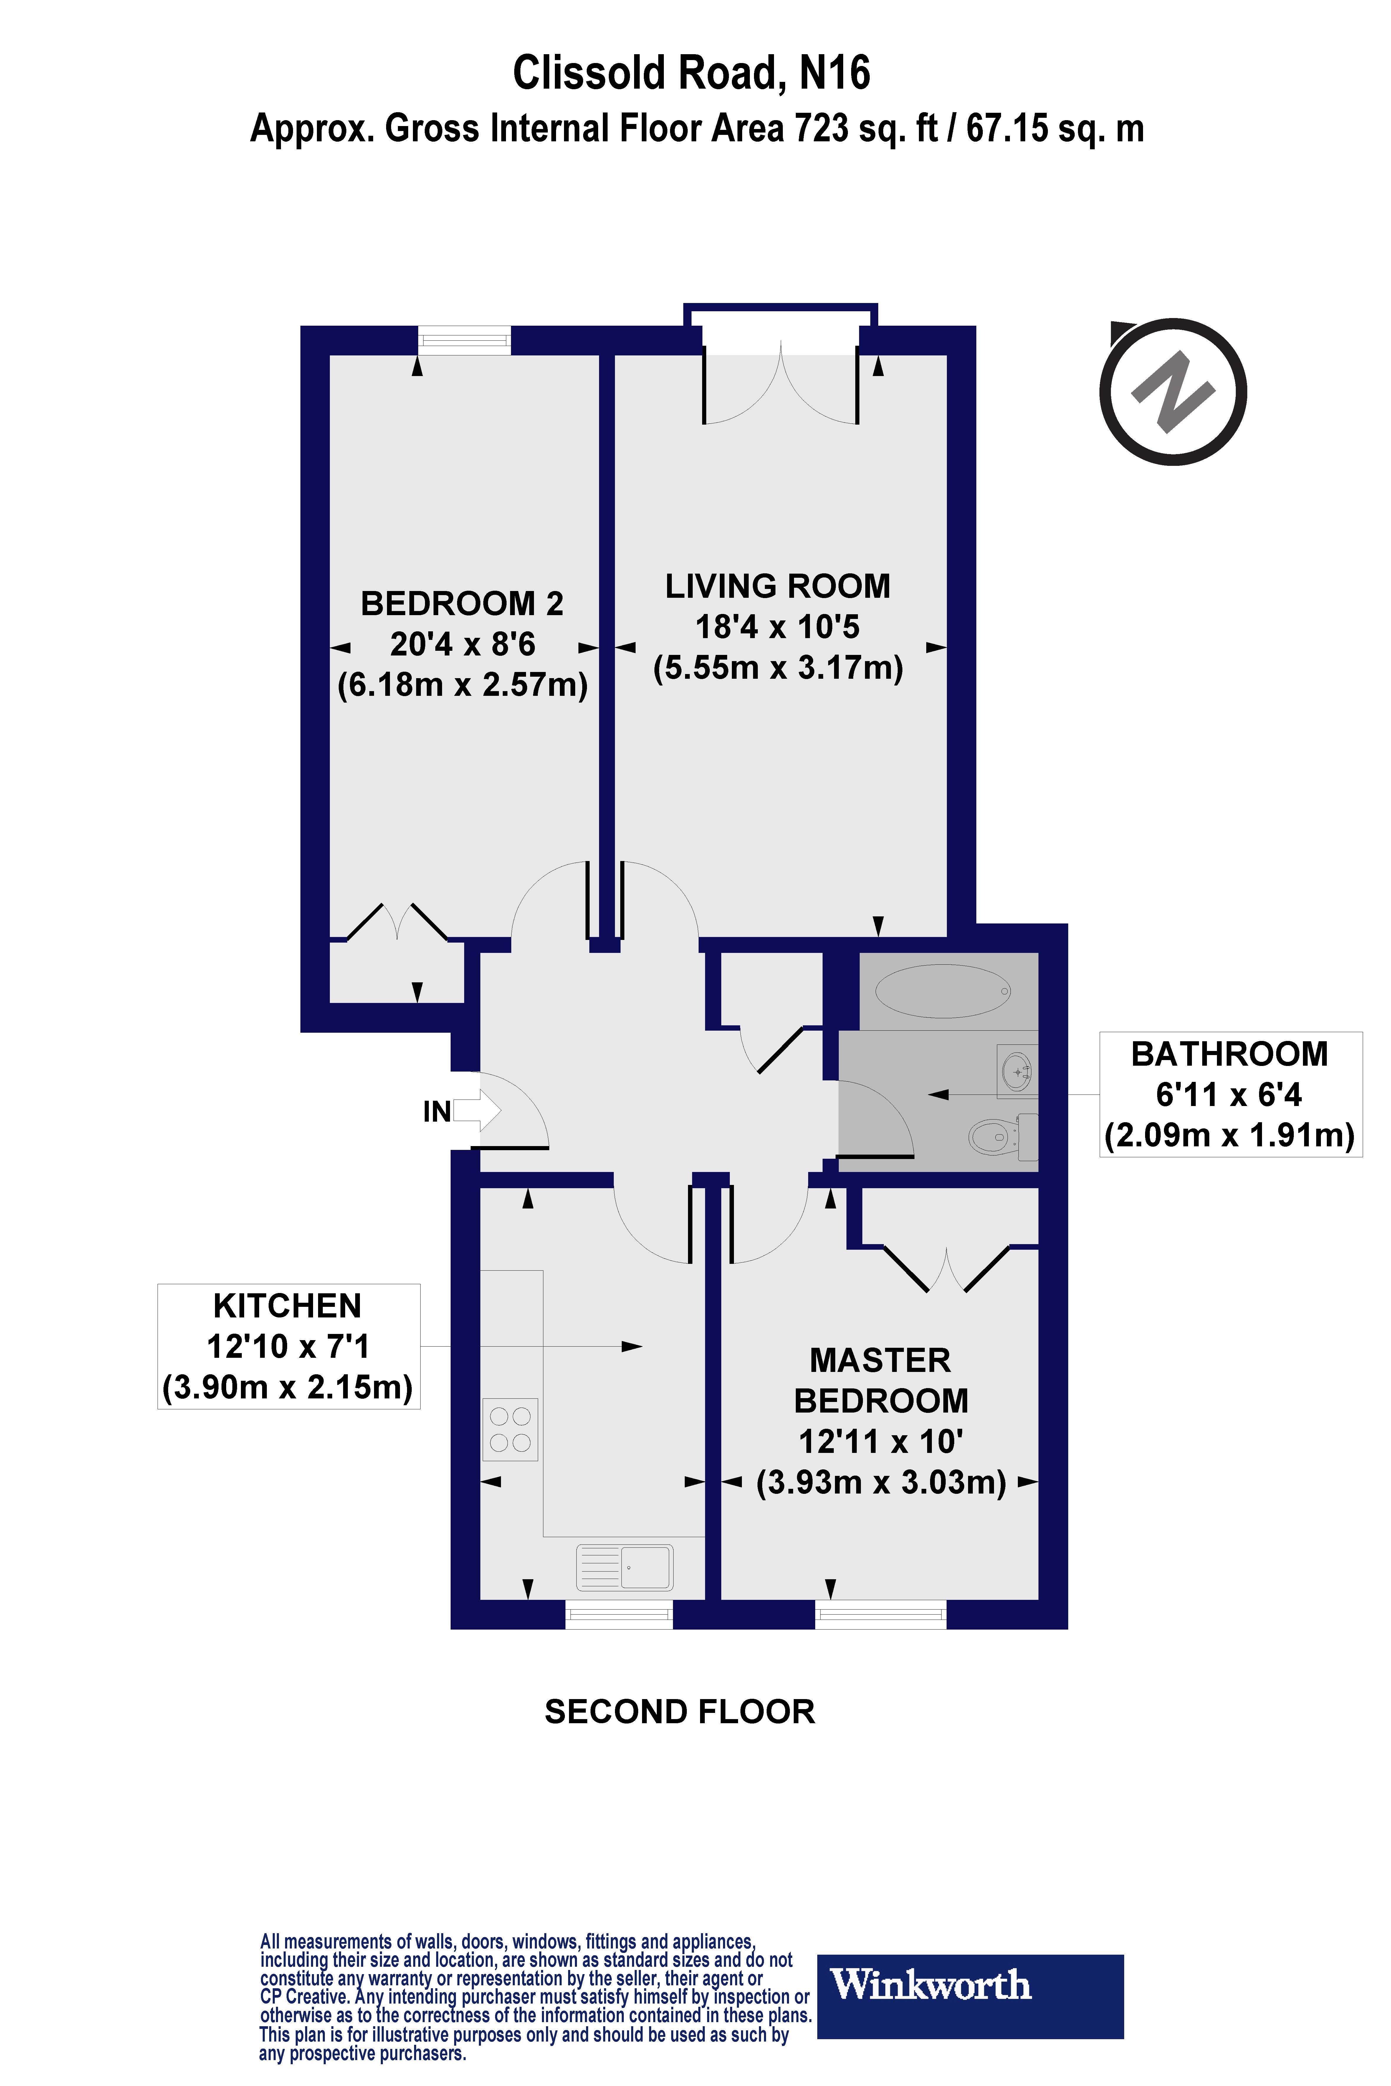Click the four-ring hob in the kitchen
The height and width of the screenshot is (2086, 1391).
point(510,1429)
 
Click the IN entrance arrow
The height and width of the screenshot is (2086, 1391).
point(477,1110)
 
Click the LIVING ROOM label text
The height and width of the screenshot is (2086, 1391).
point(777,586)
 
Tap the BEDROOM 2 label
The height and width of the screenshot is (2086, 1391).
point(462,604)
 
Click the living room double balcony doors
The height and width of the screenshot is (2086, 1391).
point(781,386)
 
